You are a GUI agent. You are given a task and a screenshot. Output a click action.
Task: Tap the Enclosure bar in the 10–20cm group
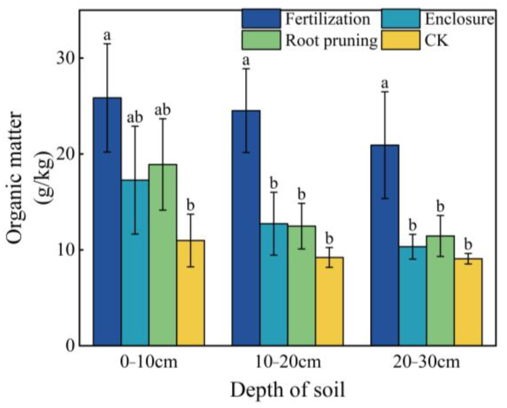coord(274,285)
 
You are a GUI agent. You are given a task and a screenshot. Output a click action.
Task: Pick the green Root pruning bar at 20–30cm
coord(440,290)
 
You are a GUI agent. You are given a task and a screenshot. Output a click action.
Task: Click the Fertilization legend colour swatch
coord(261,19)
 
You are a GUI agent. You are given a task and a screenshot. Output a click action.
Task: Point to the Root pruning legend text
coord(331,40)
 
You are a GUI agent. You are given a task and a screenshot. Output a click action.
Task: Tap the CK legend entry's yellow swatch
coord(401,40)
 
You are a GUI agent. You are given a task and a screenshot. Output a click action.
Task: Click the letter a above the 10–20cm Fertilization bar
coord(246,61)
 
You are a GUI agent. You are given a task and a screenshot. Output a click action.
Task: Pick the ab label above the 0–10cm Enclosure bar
coord(135,118)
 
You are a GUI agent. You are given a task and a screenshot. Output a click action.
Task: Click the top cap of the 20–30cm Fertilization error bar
coord(384,92)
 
